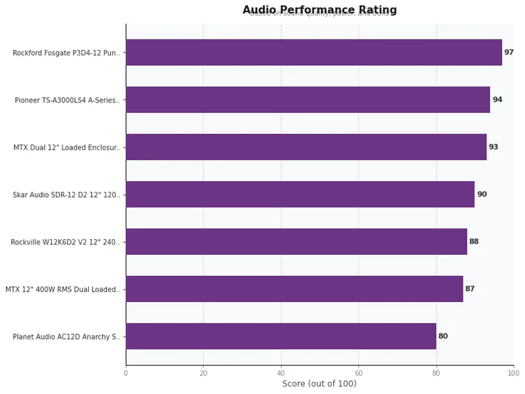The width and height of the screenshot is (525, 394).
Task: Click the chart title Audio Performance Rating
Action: coord(320,10)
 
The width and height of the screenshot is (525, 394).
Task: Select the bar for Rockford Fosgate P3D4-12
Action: coord(314,53)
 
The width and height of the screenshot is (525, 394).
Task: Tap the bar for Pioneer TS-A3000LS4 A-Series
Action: coord(308,100)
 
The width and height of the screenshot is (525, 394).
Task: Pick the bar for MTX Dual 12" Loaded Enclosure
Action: coord(306,147)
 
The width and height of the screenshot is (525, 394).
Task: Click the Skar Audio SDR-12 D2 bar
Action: coord(300,194)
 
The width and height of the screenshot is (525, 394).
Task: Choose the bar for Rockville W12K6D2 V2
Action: coord(296,242)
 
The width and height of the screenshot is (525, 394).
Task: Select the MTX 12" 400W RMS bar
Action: coord(294,289)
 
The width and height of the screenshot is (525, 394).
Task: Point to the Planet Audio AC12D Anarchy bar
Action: coord(281,336)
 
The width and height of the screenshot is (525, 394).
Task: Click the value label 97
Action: coord(509,53)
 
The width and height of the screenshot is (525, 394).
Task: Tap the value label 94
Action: coord(497,100)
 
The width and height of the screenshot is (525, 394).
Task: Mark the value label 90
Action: coord(482,194)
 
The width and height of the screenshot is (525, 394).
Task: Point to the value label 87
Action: coord(470,289)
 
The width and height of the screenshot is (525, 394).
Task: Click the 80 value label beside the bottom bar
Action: coord(443,336)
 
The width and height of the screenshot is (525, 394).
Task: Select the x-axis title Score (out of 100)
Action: coord(320,383)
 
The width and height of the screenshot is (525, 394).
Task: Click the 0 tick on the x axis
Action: coord(126,373)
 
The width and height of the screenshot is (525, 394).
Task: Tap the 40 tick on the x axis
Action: coord(281,373)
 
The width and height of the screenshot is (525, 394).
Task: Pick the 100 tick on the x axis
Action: coord(513,373)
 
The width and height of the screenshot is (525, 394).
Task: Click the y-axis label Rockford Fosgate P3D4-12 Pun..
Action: coord(66,53)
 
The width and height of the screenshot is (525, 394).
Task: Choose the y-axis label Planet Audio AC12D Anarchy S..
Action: coord(66,337)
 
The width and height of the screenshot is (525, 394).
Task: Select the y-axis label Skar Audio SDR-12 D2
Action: coord(66,195)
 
